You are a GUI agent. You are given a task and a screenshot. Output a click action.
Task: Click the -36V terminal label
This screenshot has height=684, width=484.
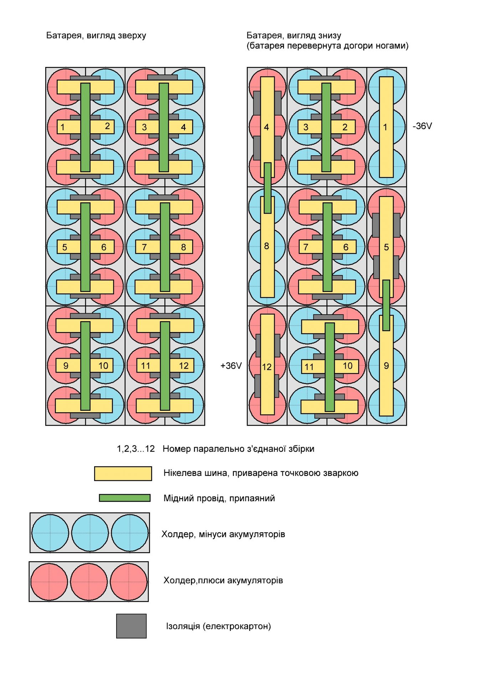(x=422, y=126)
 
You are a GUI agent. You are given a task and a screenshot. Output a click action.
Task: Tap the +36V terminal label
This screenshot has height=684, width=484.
(x=231, y=366)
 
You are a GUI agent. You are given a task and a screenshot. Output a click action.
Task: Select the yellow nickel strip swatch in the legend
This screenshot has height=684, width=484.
(x=123, y=473)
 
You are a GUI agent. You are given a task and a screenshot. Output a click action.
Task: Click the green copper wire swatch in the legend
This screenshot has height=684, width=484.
(x=124, y=498)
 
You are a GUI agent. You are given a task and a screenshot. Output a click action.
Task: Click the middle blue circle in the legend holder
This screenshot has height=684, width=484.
(x=90, y=533)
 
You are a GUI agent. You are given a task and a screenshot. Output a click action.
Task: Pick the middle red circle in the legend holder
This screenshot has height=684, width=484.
(x=89, y=582)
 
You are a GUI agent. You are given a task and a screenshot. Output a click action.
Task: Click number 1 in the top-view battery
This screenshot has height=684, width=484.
(x=63, y=127)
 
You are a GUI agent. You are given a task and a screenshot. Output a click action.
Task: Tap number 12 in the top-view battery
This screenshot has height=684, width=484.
(x=184, y=366)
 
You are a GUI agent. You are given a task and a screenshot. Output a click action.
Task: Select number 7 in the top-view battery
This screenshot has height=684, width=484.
(x=144, y=247)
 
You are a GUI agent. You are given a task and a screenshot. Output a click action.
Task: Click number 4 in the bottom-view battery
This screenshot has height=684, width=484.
(x=266, y=127)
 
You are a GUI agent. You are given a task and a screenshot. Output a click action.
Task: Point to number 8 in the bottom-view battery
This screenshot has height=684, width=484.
(x=266, y=246)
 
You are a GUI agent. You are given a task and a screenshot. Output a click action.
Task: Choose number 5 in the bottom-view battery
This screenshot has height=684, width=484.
(x=386, y=247)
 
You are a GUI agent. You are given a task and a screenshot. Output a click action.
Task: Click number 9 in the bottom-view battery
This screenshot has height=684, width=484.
(x=386, y=366)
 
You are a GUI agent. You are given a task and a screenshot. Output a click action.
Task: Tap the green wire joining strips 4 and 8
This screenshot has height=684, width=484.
(x=268, y=188)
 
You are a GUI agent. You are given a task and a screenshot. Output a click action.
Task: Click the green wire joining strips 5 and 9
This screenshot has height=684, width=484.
(x=386, y=305)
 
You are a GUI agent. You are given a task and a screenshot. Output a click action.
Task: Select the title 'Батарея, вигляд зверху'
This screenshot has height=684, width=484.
(x=96, y=36)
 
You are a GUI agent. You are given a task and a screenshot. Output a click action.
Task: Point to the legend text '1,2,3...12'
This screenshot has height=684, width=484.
(x=136, y=449)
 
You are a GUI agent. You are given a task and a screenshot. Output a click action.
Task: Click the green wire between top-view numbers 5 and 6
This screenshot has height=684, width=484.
(x=85, y=247)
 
